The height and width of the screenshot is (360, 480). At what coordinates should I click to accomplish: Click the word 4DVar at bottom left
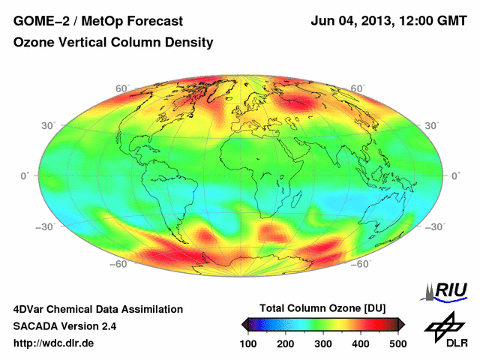(x=31, y=309)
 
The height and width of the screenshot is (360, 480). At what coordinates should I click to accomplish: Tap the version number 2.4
(x=107, y=326)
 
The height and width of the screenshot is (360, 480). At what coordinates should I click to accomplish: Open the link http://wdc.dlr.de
(x=54, y=343)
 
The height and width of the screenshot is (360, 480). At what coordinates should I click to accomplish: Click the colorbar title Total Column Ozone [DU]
(x=322, y=309)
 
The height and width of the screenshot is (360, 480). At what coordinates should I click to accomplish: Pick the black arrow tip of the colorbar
(x=244, y=324)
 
